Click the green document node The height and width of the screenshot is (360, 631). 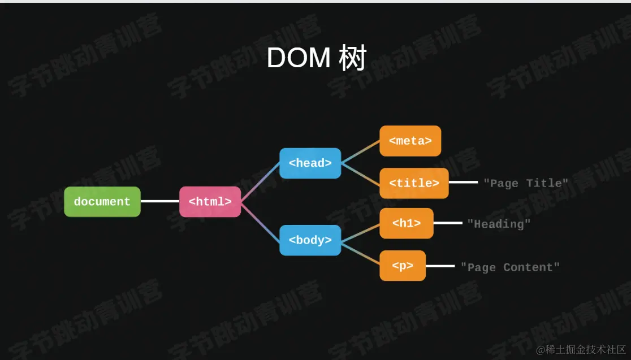pyautogui.click(x=102, y=202)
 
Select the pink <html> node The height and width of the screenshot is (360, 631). pyautogui.click(x=210, y=202)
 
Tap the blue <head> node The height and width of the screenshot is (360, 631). pyautogui.click(x=310, y=163)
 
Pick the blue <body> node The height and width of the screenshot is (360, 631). pyautogui.click(x=310, y=240)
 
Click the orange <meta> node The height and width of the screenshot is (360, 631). pyautogui.click(x=410, y=141)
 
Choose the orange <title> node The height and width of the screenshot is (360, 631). pyautogui.click(x=414, y=183)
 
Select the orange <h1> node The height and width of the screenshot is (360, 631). pyautogui.click(x=407, y=223)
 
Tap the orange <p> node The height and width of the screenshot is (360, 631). pyautogui.click(x=402, y=266)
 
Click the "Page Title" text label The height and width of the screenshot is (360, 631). pyautogui.click(x=526, y=183)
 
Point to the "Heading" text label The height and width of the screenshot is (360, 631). pyautogui.click(x=499, y=224)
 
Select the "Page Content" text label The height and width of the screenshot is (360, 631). pyautogui.click(x=510, y=267)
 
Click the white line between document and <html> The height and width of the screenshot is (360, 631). pyautogui.click(x=159, y=201)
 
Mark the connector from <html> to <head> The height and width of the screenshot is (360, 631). pyautogui.click(x=260, y=182)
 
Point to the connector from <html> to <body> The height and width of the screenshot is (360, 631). pyautogui.click(x=260, y=222)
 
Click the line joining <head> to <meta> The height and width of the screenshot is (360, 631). pyautogui.click(x=360, y=151)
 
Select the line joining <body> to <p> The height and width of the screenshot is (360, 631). pyautogui.click(x=360, y=253)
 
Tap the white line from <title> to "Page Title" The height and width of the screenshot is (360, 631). pyautogui.click(x=463, y=182)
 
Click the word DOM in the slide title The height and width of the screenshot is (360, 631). pyautogui.click(x=298, y=58)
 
